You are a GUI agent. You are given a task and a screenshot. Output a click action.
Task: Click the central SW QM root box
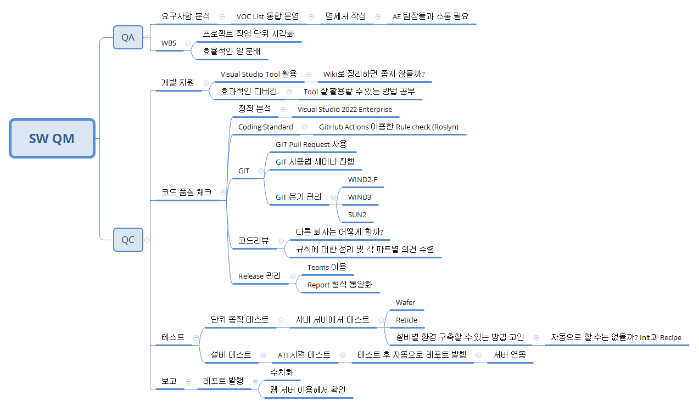click(x=52, y=138)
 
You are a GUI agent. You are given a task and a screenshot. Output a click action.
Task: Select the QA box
click(x=128, y=37)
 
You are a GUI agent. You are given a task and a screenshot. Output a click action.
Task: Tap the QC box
click(x=128, y=240)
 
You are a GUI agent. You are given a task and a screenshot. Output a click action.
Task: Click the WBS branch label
click(x=169, y=43)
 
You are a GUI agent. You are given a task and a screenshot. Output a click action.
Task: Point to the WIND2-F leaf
click(x=362, y=179)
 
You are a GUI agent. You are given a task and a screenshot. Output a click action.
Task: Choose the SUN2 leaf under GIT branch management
click(x=357, y=214)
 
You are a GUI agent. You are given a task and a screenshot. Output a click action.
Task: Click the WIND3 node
click(x=360, y=197)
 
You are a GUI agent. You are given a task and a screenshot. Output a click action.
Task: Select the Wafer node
click(x=405, y=302)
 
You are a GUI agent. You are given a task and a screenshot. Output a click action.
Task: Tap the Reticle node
click(x=406, y=320)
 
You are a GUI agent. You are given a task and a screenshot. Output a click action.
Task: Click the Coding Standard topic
click(x=266, y=127)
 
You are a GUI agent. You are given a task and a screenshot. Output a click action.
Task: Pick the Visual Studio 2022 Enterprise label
click(x=344, y=109)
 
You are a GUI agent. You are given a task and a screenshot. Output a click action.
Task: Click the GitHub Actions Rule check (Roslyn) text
click(x=389, y=127)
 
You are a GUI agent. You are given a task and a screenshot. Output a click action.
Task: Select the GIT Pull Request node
click(x=311, y=144)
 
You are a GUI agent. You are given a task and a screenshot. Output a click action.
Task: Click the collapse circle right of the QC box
click(x=147, y=240)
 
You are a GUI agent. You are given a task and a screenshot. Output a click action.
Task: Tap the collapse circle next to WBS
click(x=188, y=43)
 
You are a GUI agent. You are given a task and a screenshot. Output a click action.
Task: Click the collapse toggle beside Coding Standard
click(x=305, y=127)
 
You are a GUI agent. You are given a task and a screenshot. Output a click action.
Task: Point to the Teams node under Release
click(x=327, y=267)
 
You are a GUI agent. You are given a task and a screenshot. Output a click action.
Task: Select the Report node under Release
click(x=340, y=285)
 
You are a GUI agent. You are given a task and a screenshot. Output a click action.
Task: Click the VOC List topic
click(x=267, y=16)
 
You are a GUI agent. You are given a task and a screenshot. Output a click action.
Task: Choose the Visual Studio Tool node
click(x=259, y=74)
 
